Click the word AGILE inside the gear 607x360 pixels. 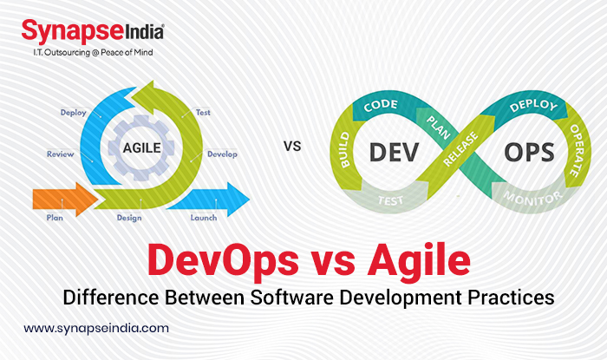click(142, 147)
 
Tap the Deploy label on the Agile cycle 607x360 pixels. click(73, 112)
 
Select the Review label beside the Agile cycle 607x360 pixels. click(60, 154)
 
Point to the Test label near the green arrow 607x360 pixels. click(204, 112)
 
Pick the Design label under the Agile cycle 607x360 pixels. click(129, 217)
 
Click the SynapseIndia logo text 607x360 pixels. click(90, 33)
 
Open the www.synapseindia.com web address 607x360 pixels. click(96, 330)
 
